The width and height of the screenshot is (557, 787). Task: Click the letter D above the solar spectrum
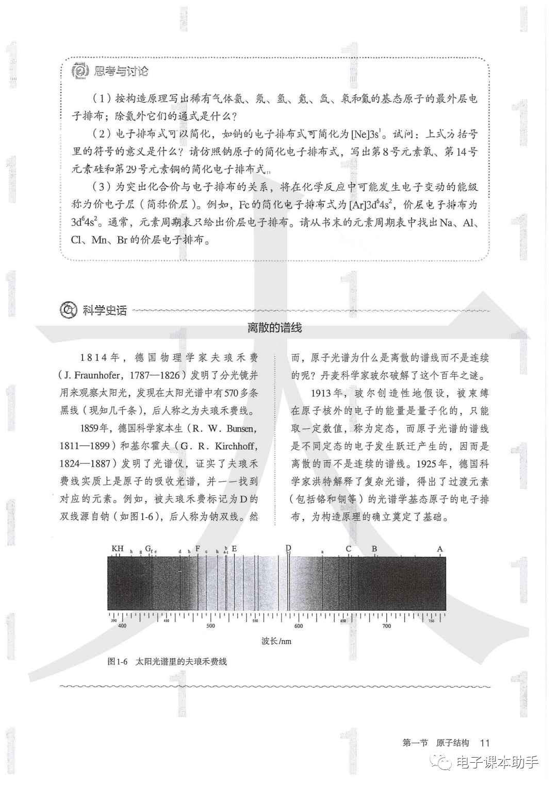(x=288, y=548)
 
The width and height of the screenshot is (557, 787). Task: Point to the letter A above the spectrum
(x=440, y=549)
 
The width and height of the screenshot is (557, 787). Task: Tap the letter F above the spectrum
(x=198, y=548)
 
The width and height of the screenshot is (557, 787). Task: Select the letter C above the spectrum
(x=348, y=549)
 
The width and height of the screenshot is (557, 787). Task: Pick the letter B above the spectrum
(x=374, y=549)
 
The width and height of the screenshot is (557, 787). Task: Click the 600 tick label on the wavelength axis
(x=299, y=626)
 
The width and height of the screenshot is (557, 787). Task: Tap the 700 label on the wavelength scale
(x=386, y=626)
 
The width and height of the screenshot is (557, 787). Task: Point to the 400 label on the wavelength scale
(x=122, y=626)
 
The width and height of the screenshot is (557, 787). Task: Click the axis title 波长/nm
(x=276, y=641)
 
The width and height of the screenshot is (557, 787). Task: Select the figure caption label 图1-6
(x=117, y=661)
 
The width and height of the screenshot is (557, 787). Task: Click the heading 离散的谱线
(x=274, y=328)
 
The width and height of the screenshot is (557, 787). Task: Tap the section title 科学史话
(x=105, y=310)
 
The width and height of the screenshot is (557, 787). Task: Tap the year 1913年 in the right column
(x=327, y=393)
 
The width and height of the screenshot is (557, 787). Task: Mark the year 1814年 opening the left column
(x=100, y=358)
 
